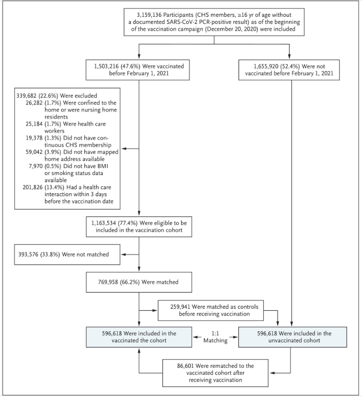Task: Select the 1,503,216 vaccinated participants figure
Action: tap(106, 66)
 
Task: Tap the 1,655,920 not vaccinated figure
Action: tap(266, 66)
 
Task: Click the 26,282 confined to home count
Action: tap(33, 103)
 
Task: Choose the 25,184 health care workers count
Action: tap(33, 124)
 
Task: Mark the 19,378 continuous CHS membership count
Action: tap(33, 138)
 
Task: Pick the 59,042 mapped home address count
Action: tap(33, 152)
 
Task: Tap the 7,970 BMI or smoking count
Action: tap(35, 166)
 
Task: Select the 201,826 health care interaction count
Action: tap(32, 187)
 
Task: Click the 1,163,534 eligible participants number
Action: tap(103, 223)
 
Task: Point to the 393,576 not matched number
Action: tap(28, 255)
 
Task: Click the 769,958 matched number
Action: tap(108, 282)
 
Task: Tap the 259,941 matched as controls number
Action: tap(180, 307)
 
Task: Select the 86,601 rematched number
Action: tap(186, 366)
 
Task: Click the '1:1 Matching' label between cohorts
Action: tap(215, 337)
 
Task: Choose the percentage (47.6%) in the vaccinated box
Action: tap(130, 66)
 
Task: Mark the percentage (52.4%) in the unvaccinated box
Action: tap(290, 66)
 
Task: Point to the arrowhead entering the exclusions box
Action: tap(124, 149)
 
